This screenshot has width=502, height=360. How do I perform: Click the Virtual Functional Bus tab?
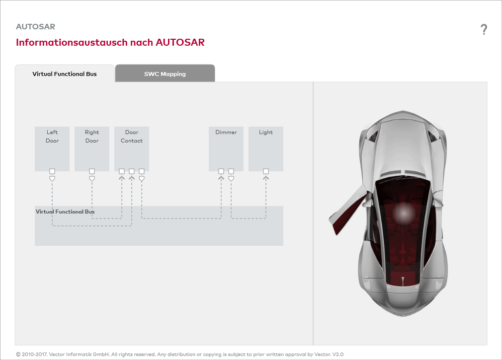tap(65, 73)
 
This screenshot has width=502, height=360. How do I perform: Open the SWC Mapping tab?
tap(165, 73)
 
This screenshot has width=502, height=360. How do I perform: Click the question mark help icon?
tap(484, 29)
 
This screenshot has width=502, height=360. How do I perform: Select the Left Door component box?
tap(52, 148)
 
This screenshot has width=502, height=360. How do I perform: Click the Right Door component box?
tap(92, 148)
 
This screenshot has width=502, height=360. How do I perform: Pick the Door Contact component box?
tap(132, 148)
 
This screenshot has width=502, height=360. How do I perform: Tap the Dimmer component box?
tap(226, 148)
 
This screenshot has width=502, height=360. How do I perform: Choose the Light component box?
tap(266, 148)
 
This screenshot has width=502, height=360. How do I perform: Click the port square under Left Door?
tap(52, 171)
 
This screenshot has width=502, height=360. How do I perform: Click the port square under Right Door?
tap(92, 171)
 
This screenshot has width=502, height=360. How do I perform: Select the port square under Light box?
tap(266, 171)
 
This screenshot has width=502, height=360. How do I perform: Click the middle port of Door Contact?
tap(132, 171)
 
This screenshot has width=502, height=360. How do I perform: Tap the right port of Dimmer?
tap(231, 171)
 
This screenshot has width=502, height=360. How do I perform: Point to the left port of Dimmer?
tap(221, 171)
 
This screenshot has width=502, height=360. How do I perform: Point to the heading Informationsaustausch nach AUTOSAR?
tap(110, 42)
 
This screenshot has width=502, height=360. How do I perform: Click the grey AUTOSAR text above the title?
tap(35, 26)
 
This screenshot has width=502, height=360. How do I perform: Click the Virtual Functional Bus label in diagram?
tap(65, 212)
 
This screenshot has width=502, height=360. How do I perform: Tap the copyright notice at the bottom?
tap(179, 354)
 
